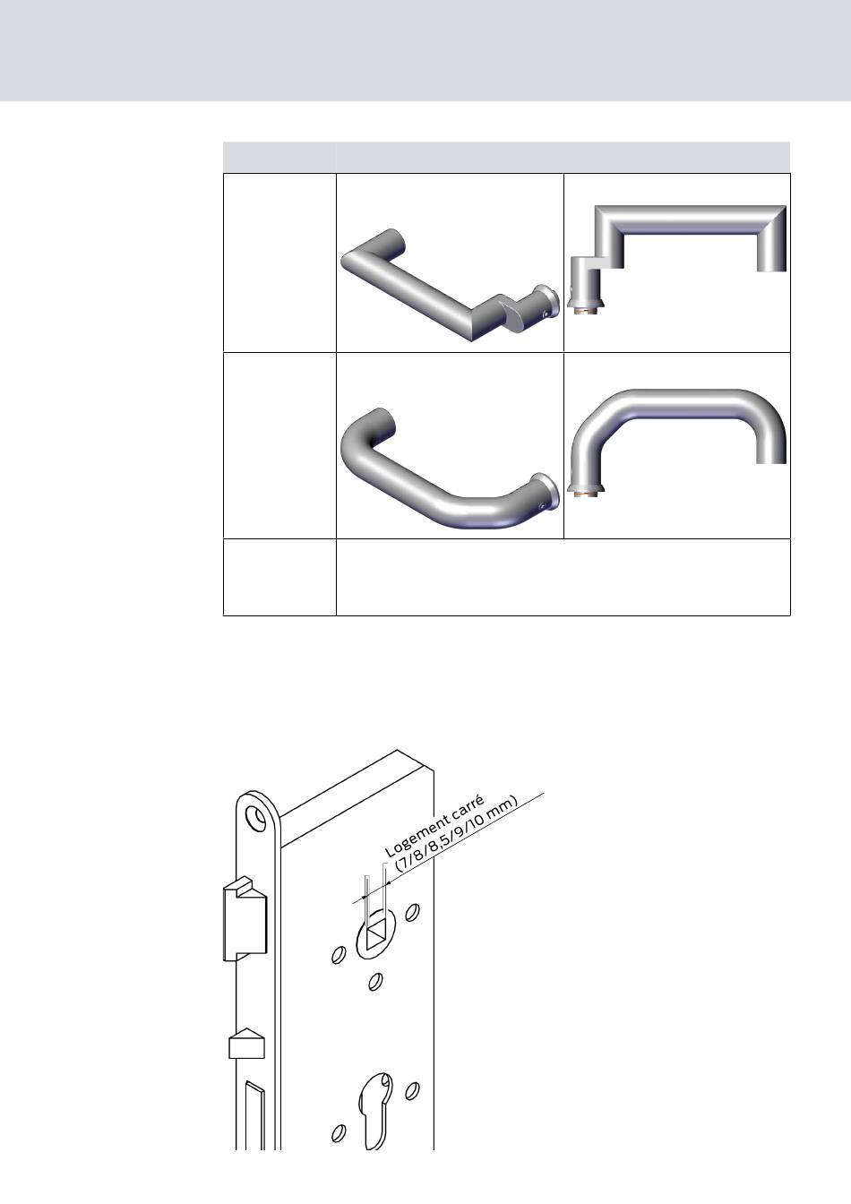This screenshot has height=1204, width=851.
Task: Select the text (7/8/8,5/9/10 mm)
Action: [457, 833]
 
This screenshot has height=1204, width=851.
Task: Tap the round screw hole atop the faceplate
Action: [256, 817]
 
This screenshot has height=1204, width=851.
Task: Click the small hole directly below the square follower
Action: [375, 982]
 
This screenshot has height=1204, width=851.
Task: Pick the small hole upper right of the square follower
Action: [412, 912]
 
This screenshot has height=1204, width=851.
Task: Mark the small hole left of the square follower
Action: [339, 955]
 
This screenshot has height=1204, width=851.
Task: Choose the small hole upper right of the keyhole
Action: [412, 1090]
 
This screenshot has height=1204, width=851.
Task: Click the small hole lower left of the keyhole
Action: [339, 1133]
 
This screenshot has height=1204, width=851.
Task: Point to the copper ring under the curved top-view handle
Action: [587, 494]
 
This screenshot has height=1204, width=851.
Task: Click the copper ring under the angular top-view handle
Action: [587, 313]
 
